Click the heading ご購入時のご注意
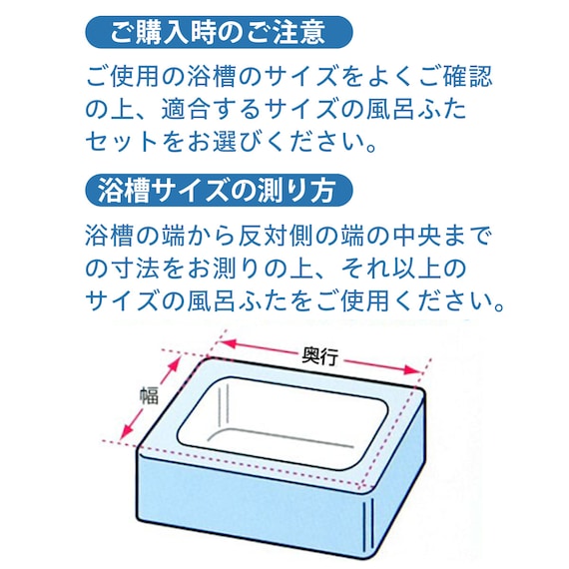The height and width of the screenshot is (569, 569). tap(217, 32)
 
